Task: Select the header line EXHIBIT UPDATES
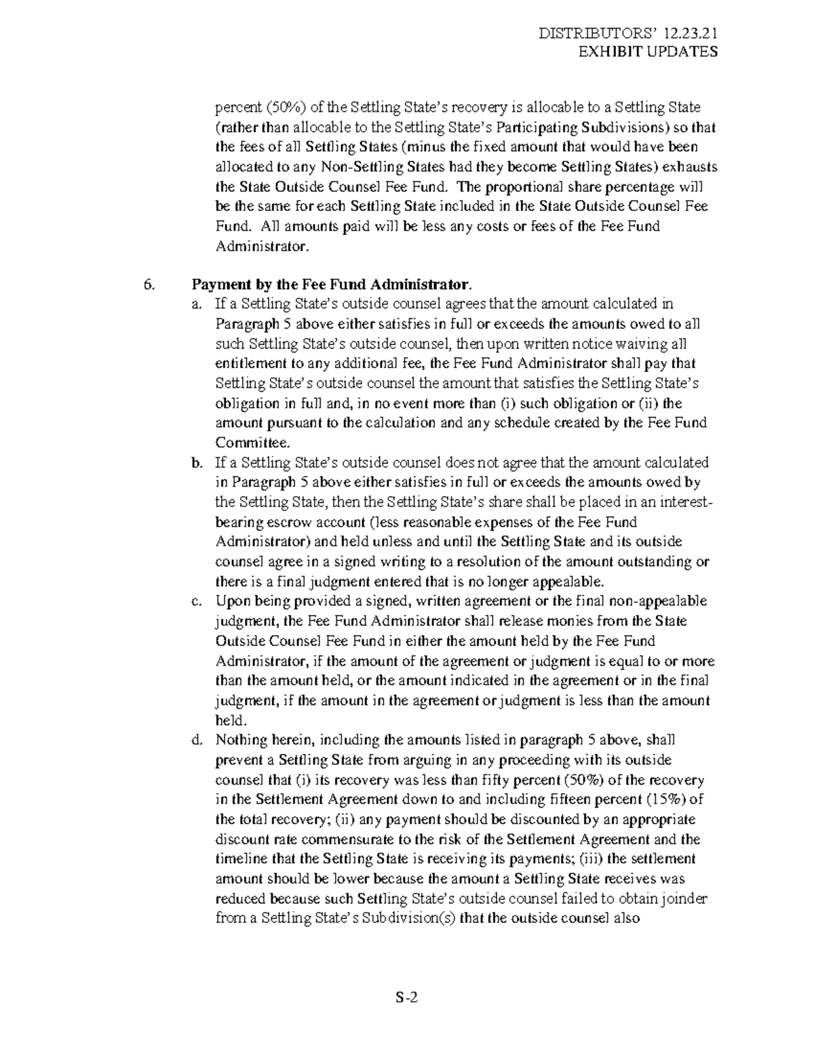[647, 52]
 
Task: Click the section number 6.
[149, 284]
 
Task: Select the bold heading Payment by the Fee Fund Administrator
[331, 284]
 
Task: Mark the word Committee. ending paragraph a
[252, 443]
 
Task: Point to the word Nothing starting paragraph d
[238, 740]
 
